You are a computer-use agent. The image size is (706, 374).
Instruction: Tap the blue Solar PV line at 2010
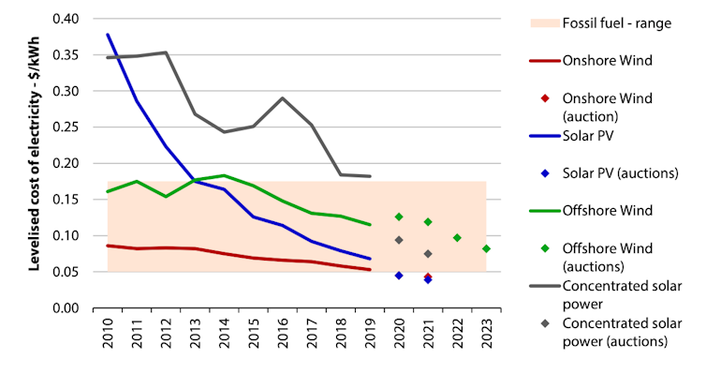coord(108,35)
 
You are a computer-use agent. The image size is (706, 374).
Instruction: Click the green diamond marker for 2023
coord(486,248)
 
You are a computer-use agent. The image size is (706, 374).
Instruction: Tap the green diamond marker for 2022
coord(457,238)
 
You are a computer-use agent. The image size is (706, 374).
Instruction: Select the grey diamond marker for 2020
coord(399,240)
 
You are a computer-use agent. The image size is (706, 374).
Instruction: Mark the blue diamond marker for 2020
coord(399,276)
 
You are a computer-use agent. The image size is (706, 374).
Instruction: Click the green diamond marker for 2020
coord(399,217)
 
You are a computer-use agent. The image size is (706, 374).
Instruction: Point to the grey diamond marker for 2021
coord(428,254)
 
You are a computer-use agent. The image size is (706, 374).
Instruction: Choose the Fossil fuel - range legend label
coord(616,22)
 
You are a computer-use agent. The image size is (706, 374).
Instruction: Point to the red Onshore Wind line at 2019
coord(370,270)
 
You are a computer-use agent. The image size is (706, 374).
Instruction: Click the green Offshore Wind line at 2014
coord(225,175)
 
